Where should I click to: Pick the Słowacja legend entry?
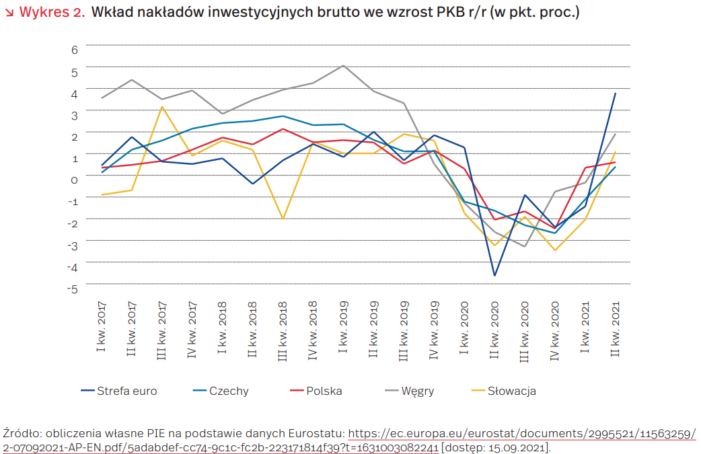pyautogui.click(x=511, y=391)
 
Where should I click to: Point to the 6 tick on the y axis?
pyautogui.click(x=75, y=49)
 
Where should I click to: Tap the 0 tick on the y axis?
pyautogui.click(x=75, y=180)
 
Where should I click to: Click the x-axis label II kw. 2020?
pyautogui.click(x=494, y=329)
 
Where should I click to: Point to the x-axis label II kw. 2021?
pyautogui.click(x=615, y=329)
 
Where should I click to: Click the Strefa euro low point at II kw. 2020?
pyautogui.click(x=494, y=276)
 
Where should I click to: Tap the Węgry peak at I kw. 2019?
pyautogui.click(x=343, y=65)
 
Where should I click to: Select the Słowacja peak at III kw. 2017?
pyautogui.click(x=162, y=107)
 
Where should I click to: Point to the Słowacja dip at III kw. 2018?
pyautogui.click(x=283, y=219)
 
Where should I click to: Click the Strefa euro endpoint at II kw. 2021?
pyautogui.click(x=615, y=93)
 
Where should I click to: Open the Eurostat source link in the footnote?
pyautogui.click(x=521, y=434)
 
